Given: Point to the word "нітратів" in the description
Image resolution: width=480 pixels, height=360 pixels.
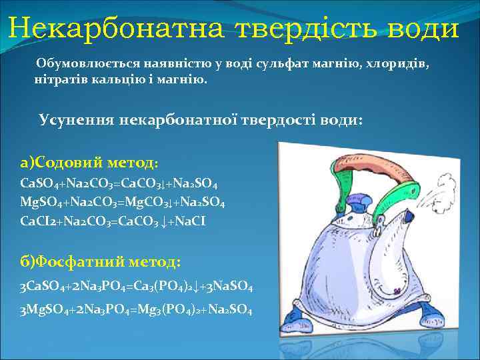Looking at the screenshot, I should (57, 80).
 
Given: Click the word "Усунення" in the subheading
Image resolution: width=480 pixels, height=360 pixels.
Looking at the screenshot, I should (76, 121).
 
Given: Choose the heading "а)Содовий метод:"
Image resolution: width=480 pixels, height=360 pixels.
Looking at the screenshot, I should (89, 162).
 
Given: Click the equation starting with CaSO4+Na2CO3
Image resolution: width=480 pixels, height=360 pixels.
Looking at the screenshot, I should (119, 183).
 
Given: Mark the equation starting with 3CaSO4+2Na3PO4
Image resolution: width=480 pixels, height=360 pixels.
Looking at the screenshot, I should (137, 287).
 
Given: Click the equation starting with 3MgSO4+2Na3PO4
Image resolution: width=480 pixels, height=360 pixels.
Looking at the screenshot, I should (136, 310).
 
